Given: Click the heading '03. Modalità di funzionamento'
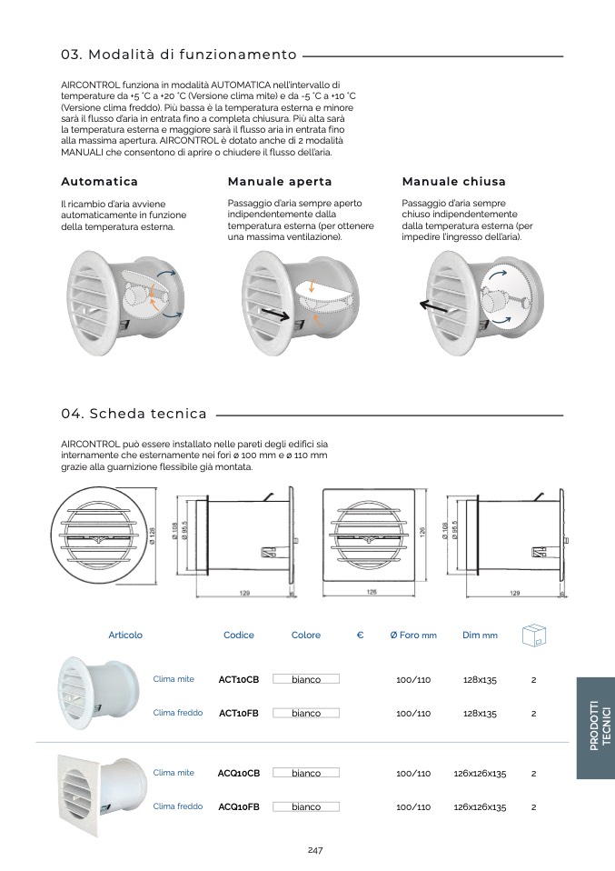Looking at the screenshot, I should [x=179, y=55].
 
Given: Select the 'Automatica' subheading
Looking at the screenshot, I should [x=99, y=182].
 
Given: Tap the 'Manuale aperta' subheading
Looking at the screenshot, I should [x=280, y=182].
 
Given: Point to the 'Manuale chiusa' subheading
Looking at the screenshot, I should [x=453, y=182].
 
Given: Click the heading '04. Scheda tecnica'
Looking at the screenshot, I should [x=134, y=414].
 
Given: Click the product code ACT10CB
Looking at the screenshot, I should [x=239, y=679].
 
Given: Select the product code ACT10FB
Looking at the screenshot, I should [x=239, y=714].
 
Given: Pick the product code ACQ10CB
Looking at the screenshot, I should [x=239, y=774].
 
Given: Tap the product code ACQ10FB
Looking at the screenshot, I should [x=239, y=807].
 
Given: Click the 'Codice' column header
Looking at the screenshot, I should [x=239, y=636].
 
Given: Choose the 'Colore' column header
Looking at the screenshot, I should [x=306, y=636].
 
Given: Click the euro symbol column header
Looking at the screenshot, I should [x=361, y=636].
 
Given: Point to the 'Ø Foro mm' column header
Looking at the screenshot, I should [x=413, y=636].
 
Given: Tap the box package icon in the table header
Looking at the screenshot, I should [x=533, y=635].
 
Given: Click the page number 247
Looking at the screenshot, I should [x=315, y=850].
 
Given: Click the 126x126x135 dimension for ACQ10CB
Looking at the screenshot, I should [x=480, y=774].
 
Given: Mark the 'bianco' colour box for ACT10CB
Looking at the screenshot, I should [x=306, y=679].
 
